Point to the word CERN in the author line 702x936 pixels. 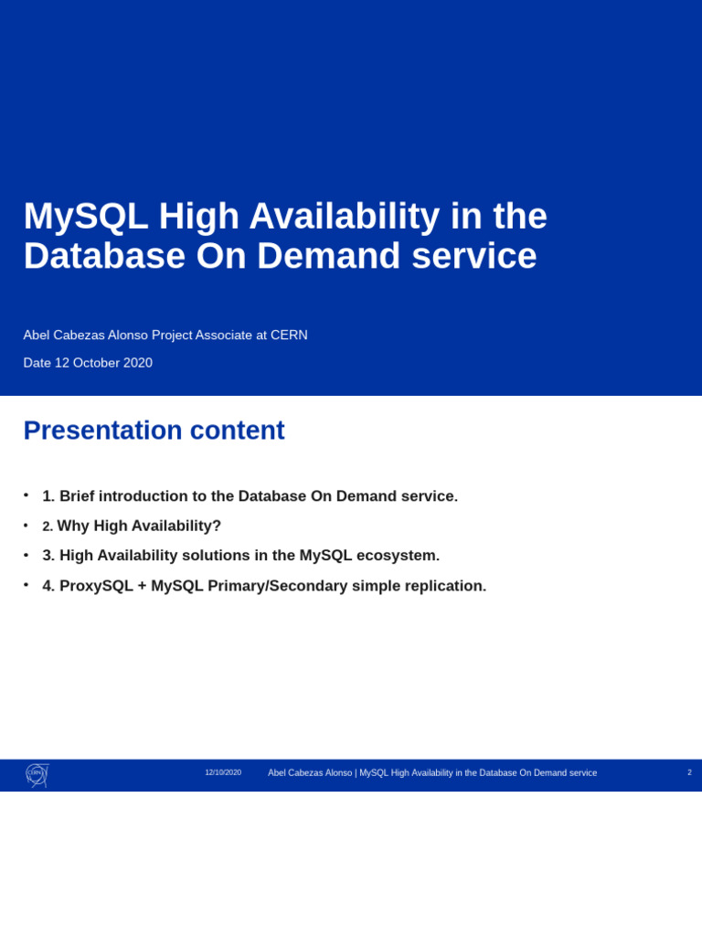pos(289,335)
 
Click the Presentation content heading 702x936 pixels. pos(154,431)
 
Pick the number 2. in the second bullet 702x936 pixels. pos(48,526)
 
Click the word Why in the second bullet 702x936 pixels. pos(73,526)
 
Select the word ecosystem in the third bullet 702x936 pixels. pos(400,556)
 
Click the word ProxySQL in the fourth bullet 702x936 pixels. pos(96,586)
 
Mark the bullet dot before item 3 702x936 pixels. pos(26,555)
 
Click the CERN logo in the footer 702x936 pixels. pos(37,774)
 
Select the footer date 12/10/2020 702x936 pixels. pos(223,772)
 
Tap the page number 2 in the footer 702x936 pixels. pos(689,772)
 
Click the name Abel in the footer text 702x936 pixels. pos(277,773)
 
